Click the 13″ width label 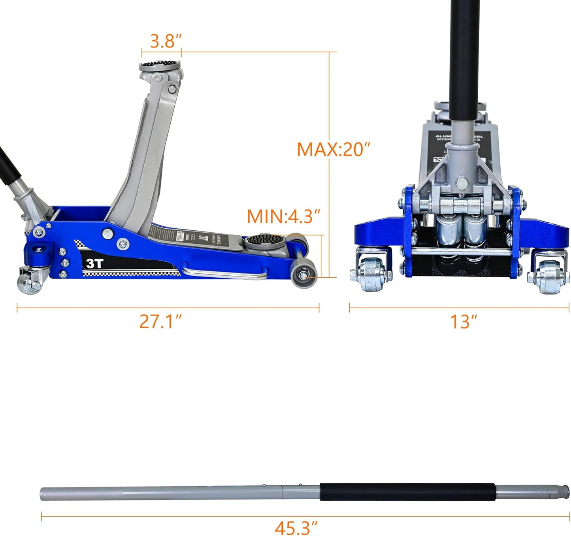464,322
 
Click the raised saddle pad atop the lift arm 160,65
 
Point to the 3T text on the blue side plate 94,263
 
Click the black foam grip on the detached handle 407,492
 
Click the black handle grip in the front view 464,59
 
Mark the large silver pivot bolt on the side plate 108,233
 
